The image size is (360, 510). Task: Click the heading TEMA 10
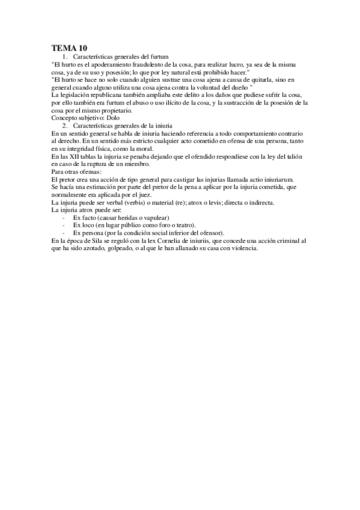coord(70,48)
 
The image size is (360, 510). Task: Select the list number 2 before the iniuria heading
coord(65,126)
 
